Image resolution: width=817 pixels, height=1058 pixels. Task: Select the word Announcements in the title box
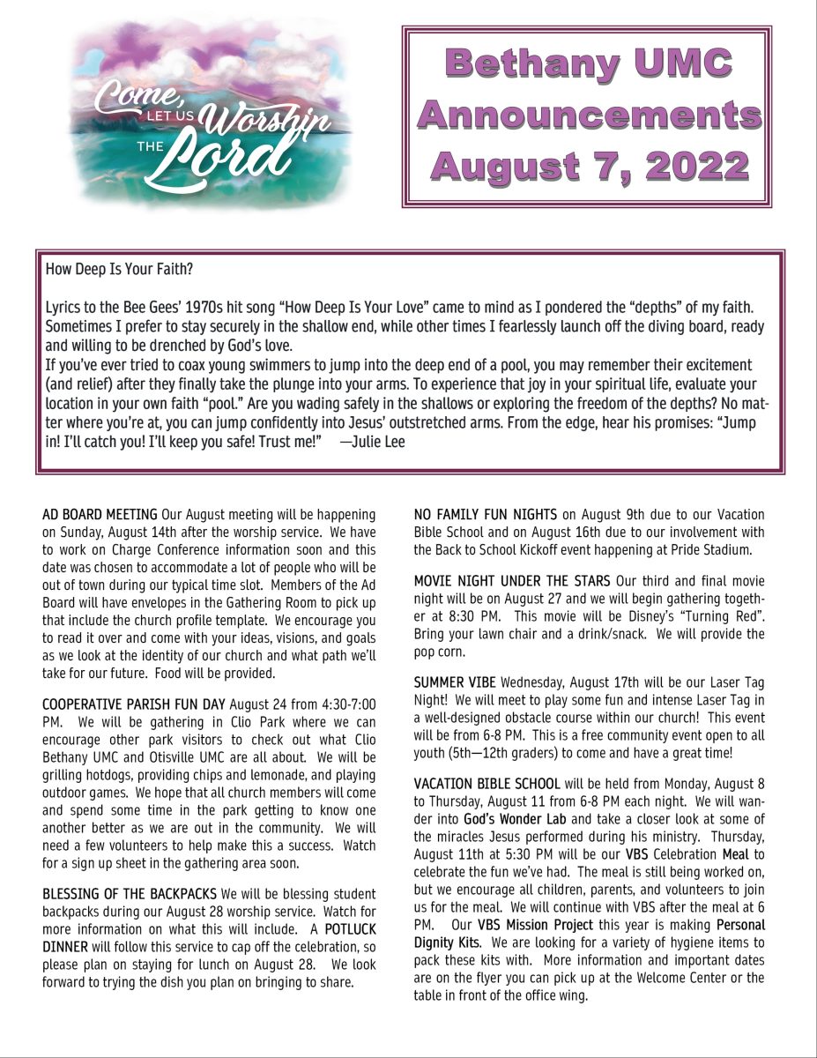(589, 115)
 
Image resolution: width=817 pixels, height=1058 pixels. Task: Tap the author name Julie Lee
(378, 442)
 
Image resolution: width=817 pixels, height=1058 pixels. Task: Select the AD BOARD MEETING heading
(100, 514)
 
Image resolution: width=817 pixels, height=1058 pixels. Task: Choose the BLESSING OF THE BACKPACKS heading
(130, 894)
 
